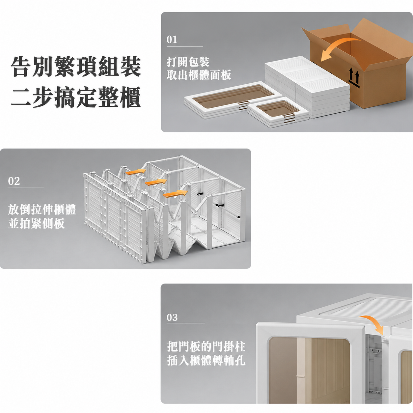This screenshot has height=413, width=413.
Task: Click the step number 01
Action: (x=172, y=40)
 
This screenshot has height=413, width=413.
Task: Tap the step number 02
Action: (x=14, y=181)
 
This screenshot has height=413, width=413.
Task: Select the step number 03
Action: (x=172, y=317)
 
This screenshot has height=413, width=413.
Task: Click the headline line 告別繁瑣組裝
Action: (x=76, y=66)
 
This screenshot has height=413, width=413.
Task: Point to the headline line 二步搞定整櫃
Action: (x=76, y=97)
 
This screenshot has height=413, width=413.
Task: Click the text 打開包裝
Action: (x=188, y=62)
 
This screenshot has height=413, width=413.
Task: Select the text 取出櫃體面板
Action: (x=199, y=75)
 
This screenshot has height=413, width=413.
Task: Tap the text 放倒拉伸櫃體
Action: (x=42, y=209)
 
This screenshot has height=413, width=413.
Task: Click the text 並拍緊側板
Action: (x=37, y=224)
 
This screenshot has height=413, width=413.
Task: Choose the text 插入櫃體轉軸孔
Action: (x=206, y=361)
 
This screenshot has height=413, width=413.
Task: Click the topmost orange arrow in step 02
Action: (x=136, y=172)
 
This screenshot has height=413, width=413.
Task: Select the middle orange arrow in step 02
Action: (x=156, y=182)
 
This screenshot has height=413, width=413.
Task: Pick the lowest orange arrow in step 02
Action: (x=175, y=194)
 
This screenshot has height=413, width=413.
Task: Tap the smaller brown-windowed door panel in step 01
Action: (x=278, y=112)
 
